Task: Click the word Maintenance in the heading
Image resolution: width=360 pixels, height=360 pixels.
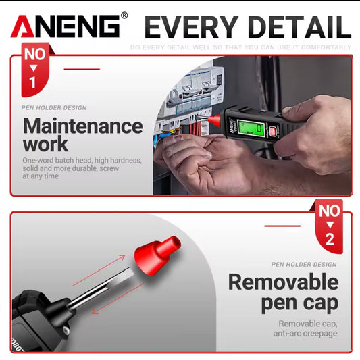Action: [x=83, y=126]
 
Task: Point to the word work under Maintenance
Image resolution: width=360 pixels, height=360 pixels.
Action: [x=45, y=144]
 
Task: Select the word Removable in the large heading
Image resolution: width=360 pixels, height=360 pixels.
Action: [x=283, y=282]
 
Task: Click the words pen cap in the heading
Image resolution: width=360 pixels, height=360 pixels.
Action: [x=300, y=303]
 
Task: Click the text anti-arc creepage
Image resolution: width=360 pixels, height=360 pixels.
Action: [x=305, y=333]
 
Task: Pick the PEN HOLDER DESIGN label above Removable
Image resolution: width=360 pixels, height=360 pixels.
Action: [x=303, y=264]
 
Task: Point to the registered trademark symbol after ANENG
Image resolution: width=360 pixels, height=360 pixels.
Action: [x=124, y=15]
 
